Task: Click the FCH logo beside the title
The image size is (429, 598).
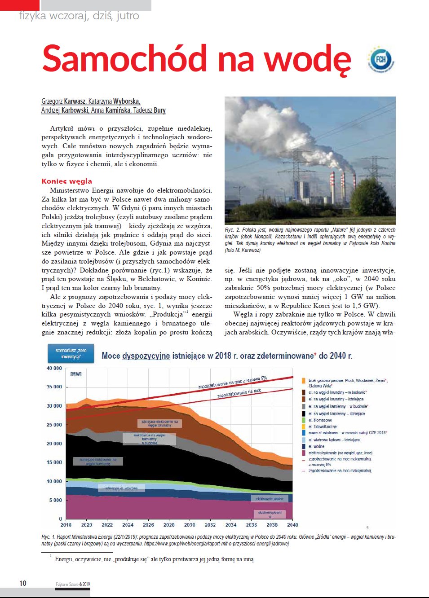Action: pyautogui.click(x=381, y=60)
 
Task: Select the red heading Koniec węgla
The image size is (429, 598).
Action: pyautogui.click(x=66, y=181)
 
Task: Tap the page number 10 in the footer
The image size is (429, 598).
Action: pyautogui.click(x=23, y=583)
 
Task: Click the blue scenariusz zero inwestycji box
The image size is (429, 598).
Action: pyautogui.click(x=71, y=353)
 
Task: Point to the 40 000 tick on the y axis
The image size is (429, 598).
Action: pyautogui.click(x=54, y=368)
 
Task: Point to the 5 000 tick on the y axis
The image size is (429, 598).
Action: pyautogui.click(x=56, y=500)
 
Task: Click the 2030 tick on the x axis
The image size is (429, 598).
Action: pyautogui.click(x=190, y=525)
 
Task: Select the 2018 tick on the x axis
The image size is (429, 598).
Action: pyautogui.click(x=66, y=525)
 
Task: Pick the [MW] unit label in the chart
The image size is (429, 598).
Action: pyautogui.click(x=76, y=374)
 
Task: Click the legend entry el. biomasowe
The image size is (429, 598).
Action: pyautogui.click(x=320, y=420)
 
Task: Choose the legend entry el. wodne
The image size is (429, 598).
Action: pyautogui.click(x=316, y=446)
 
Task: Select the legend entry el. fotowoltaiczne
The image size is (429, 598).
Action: pyautogui.click(x=322, y=427)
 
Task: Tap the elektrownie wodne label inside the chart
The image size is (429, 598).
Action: pyautogui.click(x=270, y=499)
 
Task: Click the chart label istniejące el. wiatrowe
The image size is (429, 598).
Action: pyautogui.click(x=121, y=488)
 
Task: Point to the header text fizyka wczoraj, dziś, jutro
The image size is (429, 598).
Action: pyautogui.click(x=79, y=16)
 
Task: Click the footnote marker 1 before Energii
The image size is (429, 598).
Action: pyautogui.click(x=51, y=557)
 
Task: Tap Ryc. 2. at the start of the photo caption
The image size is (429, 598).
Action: pyautogui.click(x=232, y=230)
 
